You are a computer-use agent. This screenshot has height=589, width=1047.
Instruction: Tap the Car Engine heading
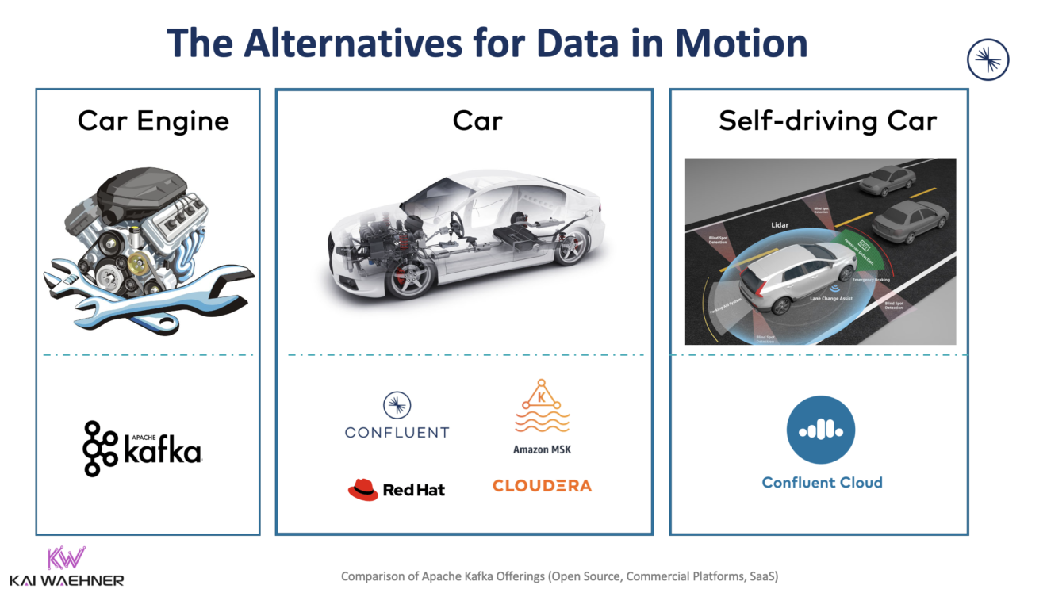pyautogui.click(x=153, y=121)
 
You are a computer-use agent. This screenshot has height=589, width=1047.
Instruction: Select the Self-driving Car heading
pyautogui.click(x=827, y=121)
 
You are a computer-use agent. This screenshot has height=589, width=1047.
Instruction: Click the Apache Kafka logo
pyautogui.click(x=142, y=449)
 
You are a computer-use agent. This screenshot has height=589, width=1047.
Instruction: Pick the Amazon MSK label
pyautogui.click(x=542, y=449)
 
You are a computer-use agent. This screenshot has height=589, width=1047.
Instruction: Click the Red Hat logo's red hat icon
pyautogui.click(x=363, y=489)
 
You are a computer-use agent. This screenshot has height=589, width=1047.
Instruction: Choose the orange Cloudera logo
pyautogui.click(x=542, y=485)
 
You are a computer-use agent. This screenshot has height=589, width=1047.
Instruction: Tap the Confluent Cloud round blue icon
pyautogui.click(x=821, y=430)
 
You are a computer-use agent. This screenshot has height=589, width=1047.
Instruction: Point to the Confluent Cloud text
pyautogui.click(x=822, y=482)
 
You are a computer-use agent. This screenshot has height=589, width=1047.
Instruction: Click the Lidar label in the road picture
pyautogui.click(x=780, y=225)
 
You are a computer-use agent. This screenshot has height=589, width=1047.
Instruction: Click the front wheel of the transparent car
pyautogui.click(x=409, y=274)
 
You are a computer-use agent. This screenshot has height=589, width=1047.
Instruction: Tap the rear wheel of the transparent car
pyautogui.click(x=572, y=246)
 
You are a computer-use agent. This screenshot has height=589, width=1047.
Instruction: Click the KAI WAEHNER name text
pyautogui.click(x=67, y=580)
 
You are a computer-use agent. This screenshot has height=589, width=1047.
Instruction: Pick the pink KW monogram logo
pyautogui.click(x=66, y=558)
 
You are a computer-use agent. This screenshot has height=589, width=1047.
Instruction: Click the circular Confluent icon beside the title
pyautogui.click(x=988, y=60)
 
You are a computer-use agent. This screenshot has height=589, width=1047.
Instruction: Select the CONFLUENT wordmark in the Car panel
pyautogui.click(x=397, y=432)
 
